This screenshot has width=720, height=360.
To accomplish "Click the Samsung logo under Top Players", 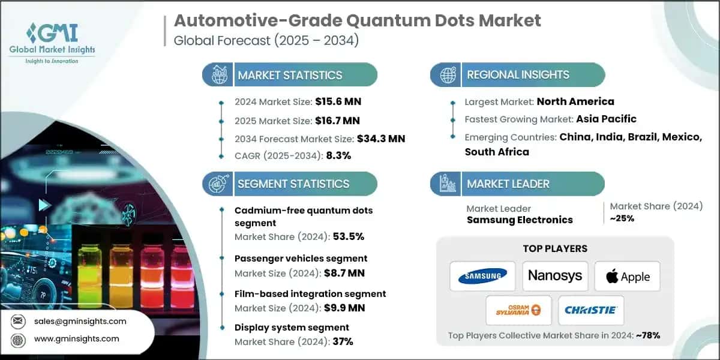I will pyautogui.click(x=482, y=276).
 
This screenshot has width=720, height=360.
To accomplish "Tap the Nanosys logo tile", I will pyautogui.click(x=555, y=276).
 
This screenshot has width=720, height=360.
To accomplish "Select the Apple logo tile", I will pyautogui.click(x=627, y=277).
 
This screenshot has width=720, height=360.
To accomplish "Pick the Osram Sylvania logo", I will pyautogui.click(x=518, y=310).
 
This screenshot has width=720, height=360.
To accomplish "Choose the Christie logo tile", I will pyautogui.click(x=591, y=310).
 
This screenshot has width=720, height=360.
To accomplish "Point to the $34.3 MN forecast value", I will pyautogui.click(x=380, y=139).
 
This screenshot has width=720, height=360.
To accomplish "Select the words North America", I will pyautogui.click(x=575, y=101).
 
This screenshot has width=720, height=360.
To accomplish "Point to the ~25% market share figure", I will pyautogui.click(x=622, y=218).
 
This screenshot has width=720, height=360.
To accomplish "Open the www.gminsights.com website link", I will pyautogui.click(x=76, y=338).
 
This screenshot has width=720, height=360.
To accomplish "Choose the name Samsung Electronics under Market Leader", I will pyautogui.click(x=520, y=220).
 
